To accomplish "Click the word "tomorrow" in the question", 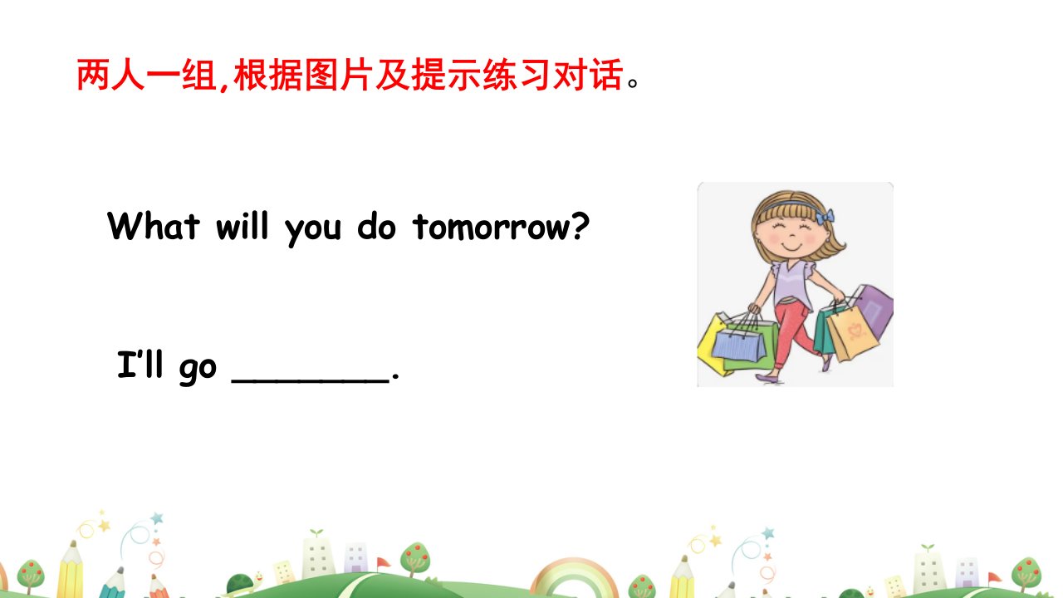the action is (492, 227).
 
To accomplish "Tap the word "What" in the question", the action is (154, 225).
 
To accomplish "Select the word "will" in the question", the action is (242, 225).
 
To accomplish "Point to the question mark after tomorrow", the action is (580, 225).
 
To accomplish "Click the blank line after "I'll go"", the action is (311, 380).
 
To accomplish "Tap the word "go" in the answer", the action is (198, 370).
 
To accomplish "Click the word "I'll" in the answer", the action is (140, 364).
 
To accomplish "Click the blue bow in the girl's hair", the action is (825, 217).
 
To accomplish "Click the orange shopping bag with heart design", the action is (852, 332).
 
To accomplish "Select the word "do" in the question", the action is (376, 226).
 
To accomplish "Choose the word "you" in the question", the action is (313, 230).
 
